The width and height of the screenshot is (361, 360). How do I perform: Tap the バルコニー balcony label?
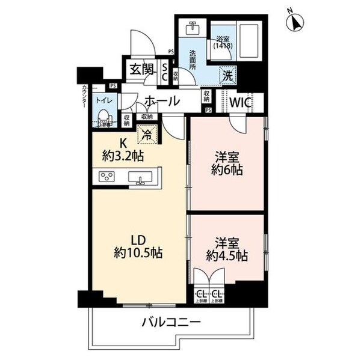[x=171, y=323]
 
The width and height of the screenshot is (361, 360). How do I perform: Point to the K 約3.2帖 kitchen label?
[x=122, y=150]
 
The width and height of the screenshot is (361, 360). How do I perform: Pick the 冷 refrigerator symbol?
[x=146, y=134]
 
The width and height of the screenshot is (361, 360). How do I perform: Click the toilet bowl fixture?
[x=103, y=115]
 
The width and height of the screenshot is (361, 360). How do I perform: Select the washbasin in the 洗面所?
[x=193, y=29]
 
